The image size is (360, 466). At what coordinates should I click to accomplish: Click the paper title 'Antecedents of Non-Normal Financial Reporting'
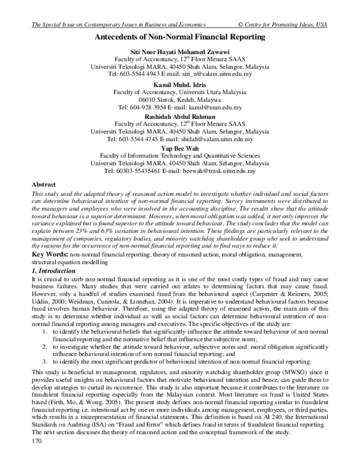(x=180, y=37)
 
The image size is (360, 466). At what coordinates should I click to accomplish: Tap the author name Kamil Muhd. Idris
(x=180, y=85)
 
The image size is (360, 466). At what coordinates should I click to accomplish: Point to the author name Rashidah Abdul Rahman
(x=180, y=116)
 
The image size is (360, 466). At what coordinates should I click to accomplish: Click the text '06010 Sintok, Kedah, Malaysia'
(x=180, y=100)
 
